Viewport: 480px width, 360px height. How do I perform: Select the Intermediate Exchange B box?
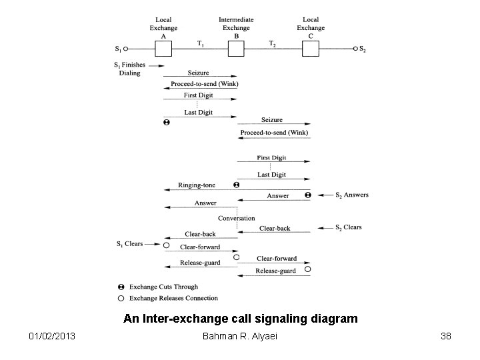click(235, 49)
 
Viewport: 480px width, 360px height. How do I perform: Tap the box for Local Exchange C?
click(309, 49)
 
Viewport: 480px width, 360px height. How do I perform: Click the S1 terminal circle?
click(125, 49)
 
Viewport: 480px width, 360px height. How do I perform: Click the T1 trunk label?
click(200, 43)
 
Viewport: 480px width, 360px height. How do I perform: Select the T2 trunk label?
click(272, 43)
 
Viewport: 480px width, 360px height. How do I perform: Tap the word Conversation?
click(236, 218)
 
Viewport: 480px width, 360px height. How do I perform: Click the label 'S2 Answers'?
click(351, 195)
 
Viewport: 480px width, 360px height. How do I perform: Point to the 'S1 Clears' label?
click(129, 244)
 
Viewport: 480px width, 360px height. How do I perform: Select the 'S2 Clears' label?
click(348, 227)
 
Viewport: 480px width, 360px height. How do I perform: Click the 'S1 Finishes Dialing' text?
click(131, 69)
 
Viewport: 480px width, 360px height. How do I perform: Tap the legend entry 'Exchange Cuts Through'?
click(163, 287)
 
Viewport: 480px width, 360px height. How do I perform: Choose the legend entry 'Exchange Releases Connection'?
click(173, 298)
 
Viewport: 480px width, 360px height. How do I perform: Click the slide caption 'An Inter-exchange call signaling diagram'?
click(241, 319)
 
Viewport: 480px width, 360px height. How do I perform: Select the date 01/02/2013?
click(53, 336)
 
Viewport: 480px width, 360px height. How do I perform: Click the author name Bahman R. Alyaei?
click(241, 336)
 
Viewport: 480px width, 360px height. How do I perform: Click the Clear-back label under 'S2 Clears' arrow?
click(275, 228)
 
